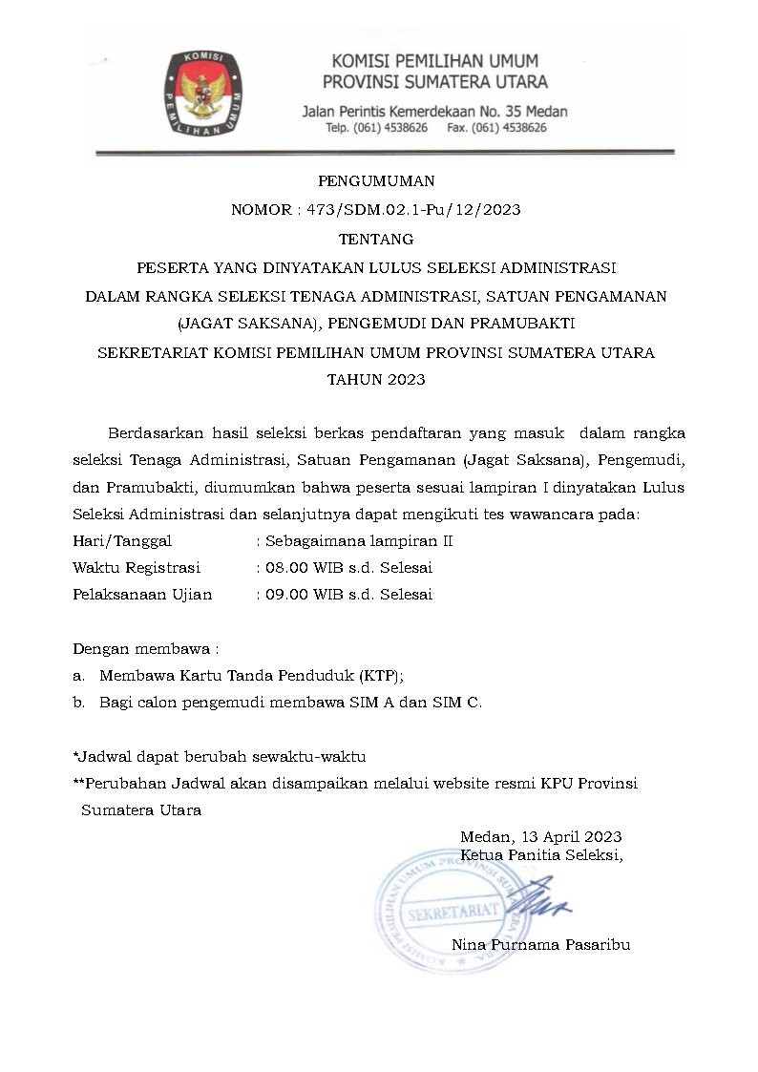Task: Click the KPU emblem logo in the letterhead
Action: (x=200, y=93)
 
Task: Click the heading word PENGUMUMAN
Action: (x=375, y=179)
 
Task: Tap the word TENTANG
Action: (x=376, y=238)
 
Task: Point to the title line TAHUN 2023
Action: (x=376, y=379)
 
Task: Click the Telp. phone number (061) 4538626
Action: (x=390, y=128)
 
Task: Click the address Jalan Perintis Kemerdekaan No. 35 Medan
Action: (x=434, y=112)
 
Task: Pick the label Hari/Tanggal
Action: (x=122, y=540)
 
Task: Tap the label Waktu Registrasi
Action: (x=137, y=567)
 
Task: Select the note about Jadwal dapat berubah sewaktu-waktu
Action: (x=220, y=756)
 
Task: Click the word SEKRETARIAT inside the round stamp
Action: (x=452, y=914)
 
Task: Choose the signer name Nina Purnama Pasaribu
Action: (x=540, y=945)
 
